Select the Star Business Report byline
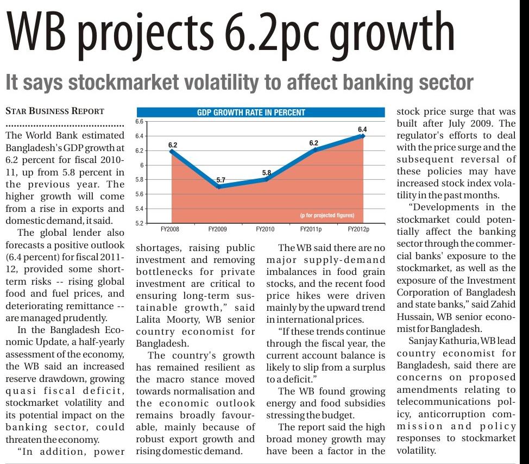54,111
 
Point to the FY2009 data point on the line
218,186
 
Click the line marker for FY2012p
362,136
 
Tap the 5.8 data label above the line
267,173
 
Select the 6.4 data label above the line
362,129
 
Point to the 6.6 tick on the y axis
138,122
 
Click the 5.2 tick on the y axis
138,223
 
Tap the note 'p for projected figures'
327,216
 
